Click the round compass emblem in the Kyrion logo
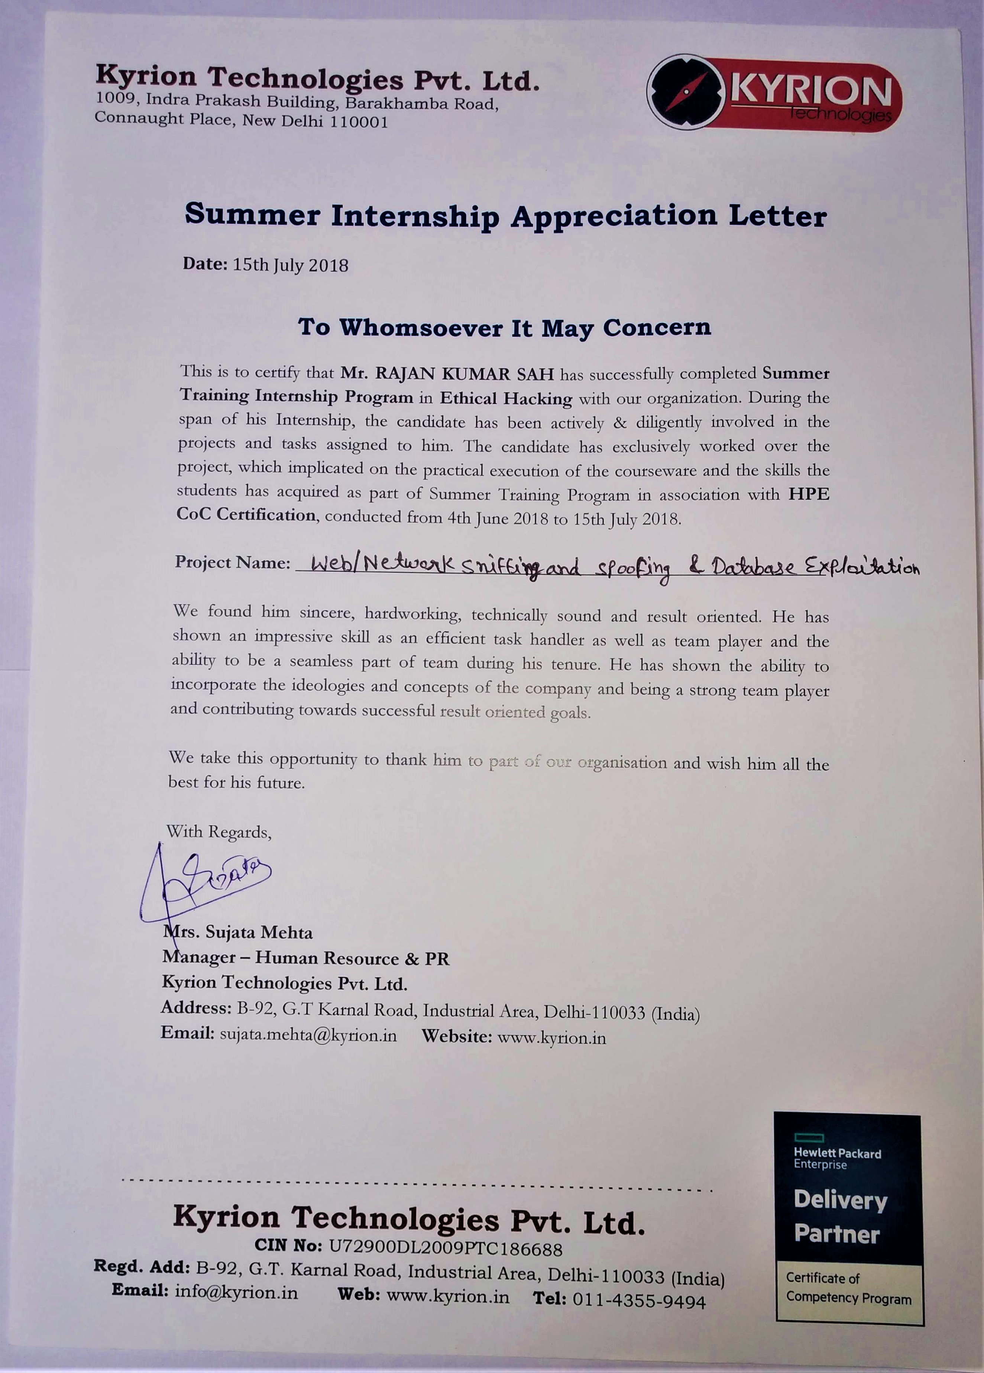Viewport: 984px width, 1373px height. click(x=686, y=93)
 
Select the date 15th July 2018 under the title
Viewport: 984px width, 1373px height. click(x=291, y=265)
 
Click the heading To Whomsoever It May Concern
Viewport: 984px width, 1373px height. click(x=504, y=327)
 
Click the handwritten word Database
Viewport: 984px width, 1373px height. click(x=754, y=567)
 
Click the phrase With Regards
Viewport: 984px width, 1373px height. click(x=219, y=832)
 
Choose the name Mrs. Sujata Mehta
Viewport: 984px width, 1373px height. click(x=238, y=932)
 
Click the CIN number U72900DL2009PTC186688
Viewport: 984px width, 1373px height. click(x=446, y=1248)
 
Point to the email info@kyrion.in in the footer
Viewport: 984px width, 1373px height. click(x=237, y=1292)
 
